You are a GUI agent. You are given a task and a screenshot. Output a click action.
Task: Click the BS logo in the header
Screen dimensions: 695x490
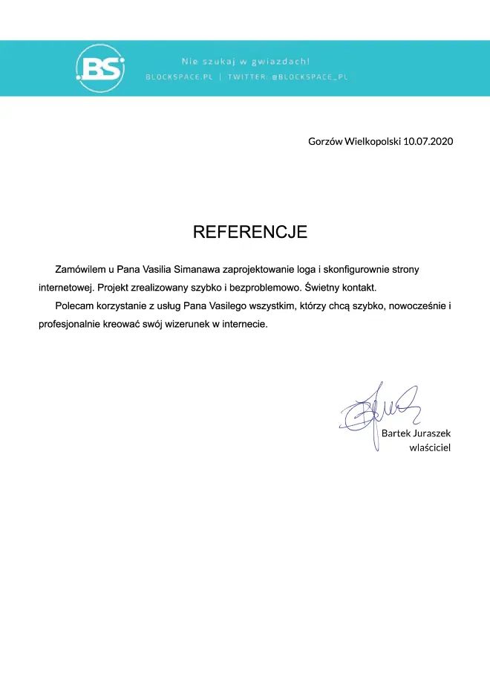click(101, 68)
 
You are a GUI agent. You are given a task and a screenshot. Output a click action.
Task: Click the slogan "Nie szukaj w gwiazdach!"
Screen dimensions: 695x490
click(246, 61)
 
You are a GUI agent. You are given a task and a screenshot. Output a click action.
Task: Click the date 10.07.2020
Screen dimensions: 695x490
click(428, 140)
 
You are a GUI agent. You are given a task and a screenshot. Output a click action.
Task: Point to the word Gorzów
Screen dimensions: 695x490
click(325, 140)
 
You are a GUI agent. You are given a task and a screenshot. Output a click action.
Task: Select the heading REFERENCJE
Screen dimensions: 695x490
click(249, 232)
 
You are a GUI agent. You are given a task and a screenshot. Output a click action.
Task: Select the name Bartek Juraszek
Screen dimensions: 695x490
click(416, 433)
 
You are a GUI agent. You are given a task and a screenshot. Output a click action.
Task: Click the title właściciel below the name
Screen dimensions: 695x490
click(430, 447)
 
